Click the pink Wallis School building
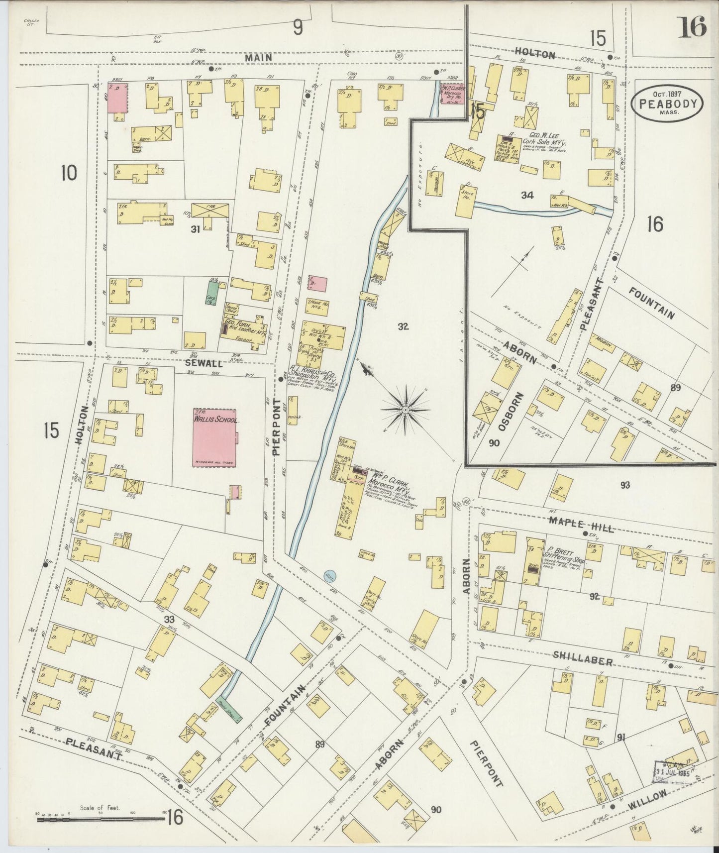tap(214, 438)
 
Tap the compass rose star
tap(405, 409)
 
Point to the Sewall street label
tap(204, 364)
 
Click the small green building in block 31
tap(212, 293)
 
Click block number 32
tap(403, 326)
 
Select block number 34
tap(527, 196)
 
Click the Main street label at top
tap(258, 58)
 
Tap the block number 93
tap(625, 484)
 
